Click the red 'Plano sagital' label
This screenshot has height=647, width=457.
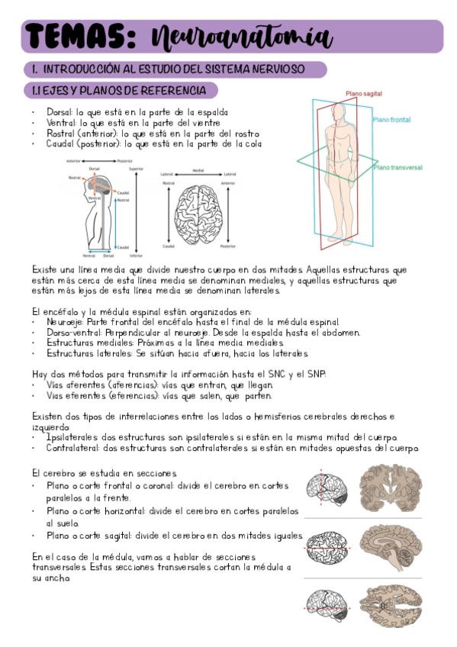(364, 94)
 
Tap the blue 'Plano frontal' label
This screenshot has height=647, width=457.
(392, 120)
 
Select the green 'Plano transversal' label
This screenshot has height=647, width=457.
(398, 167)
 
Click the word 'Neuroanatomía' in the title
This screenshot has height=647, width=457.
(242, 38)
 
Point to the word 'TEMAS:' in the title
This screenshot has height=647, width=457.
(81, 37)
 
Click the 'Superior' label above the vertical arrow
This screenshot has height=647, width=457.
(136, 169)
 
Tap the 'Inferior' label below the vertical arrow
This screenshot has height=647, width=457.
(136, 256)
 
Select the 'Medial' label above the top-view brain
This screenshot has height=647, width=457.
(198, 170)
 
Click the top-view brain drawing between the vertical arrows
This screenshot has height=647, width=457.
(198, 214)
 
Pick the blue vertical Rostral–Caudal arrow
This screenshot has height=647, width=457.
(115, 223)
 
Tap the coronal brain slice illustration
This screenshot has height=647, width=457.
(391, 488)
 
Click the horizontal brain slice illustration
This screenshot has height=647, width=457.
(391, 606)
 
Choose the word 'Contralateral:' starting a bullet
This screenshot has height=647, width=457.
(72, 448)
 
